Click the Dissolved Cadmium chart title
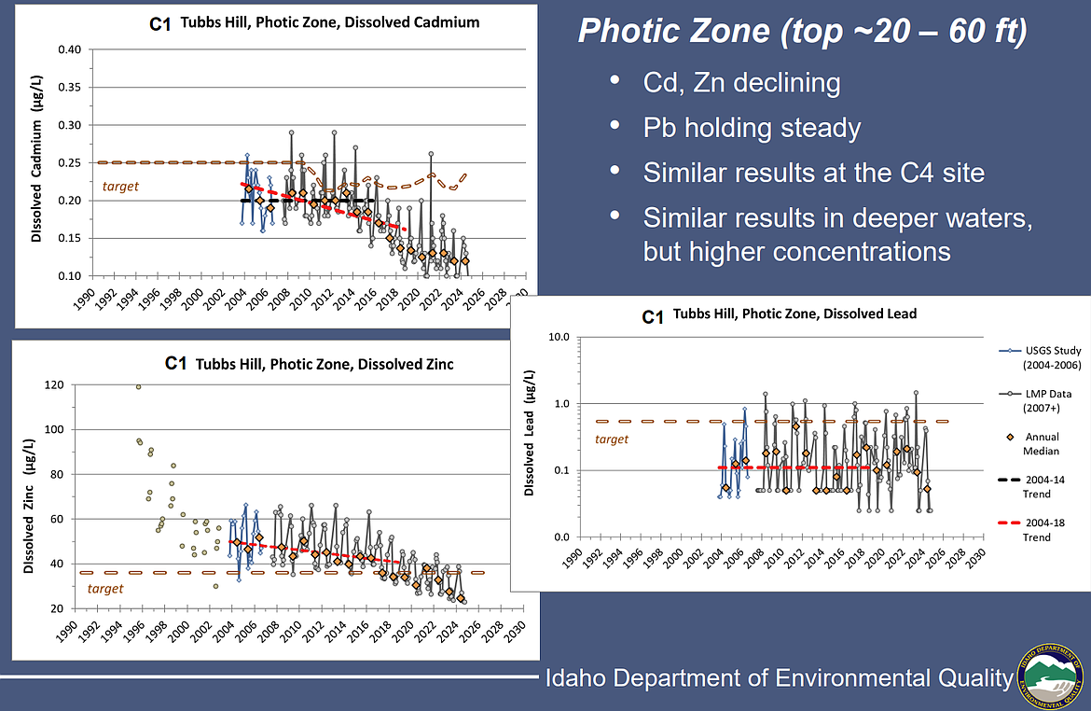[314, 21]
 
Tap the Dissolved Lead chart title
[780, 315]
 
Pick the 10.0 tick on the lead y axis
[556, 337]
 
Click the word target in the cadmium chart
[120, 187]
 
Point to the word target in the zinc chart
[104, 588]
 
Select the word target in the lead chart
[612, 439]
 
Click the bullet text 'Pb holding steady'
[752, 128]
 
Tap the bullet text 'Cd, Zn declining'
[741, 83]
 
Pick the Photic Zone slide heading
[803, 33]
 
